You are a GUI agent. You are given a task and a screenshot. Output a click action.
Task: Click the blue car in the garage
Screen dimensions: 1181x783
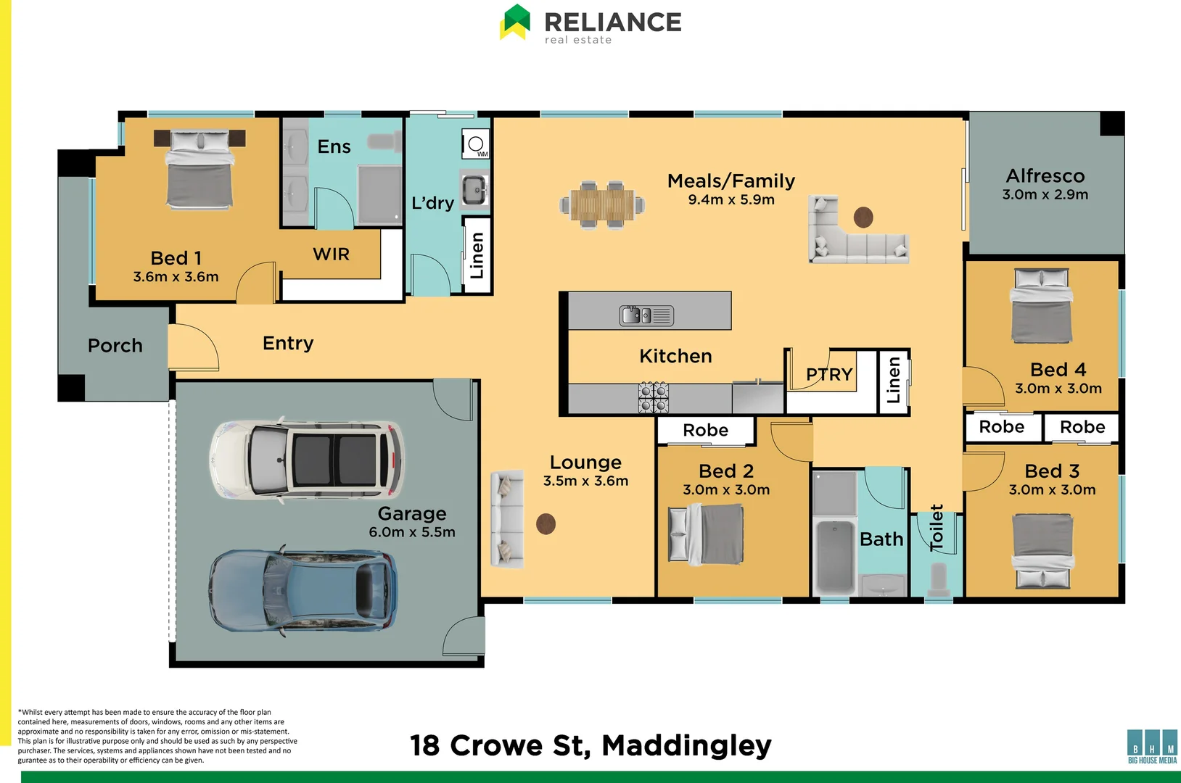coord(303,590)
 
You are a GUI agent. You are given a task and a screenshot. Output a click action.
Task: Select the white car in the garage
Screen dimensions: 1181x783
coord(308,460)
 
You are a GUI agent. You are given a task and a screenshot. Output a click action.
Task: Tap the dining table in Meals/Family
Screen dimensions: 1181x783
coord(602,204)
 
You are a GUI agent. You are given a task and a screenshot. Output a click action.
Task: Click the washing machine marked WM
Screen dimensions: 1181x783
coord(476,144)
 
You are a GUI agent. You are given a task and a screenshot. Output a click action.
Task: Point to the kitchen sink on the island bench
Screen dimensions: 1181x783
coord(646,315)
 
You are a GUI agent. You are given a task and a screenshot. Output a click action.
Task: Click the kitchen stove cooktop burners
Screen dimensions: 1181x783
coord(654,397)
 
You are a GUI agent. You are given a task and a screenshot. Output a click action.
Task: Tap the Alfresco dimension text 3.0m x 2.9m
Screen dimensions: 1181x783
coord(1045,194)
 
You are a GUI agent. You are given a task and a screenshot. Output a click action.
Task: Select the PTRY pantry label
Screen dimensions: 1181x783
coord(829,374)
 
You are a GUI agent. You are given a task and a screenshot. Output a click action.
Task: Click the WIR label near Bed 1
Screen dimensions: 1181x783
coord(331,254)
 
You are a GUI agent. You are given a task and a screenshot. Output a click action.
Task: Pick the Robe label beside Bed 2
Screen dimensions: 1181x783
coord(705,430)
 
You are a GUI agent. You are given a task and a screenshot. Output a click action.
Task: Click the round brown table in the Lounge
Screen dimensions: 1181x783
coord(546,523)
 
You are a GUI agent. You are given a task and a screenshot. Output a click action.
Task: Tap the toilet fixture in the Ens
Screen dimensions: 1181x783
coord(384,142)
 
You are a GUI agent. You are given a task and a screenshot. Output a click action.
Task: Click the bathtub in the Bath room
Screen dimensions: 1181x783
coord(835,556)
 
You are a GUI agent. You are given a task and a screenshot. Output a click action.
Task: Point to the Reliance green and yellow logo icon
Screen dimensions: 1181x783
coord(515,22)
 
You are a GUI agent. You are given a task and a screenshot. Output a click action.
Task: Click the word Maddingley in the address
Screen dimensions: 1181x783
coord(686,746)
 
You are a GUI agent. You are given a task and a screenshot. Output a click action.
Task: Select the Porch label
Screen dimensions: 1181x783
coord(115,346)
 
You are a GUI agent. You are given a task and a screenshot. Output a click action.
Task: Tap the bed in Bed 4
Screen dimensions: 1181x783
coord(1041,306)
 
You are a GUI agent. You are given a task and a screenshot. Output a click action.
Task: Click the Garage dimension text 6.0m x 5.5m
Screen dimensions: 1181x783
coord(412,532)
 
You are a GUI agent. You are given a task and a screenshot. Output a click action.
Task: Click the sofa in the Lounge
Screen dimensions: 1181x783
coord(507,520)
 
